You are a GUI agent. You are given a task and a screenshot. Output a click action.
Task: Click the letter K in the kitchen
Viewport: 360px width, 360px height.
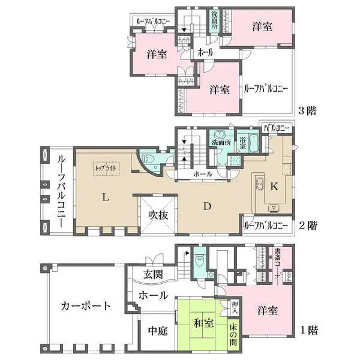coord(274,187)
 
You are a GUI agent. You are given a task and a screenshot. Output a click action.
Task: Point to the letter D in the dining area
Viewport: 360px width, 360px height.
coord(206,207)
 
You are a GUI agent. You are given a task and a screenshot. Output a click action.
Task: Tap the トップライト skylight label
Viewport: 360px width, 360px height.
coord(107,169)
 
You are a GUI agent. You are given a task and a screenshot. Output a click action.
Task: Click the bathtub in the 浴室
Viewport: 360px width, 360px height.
coord(254,144)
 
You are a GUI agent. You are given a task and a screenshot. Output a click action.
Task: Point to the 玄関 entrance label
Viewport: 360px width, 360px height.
coord(154,275)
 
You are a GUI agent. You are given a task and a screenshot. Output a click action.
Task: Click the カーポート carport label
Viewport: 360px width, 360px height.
coord(86,305)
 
